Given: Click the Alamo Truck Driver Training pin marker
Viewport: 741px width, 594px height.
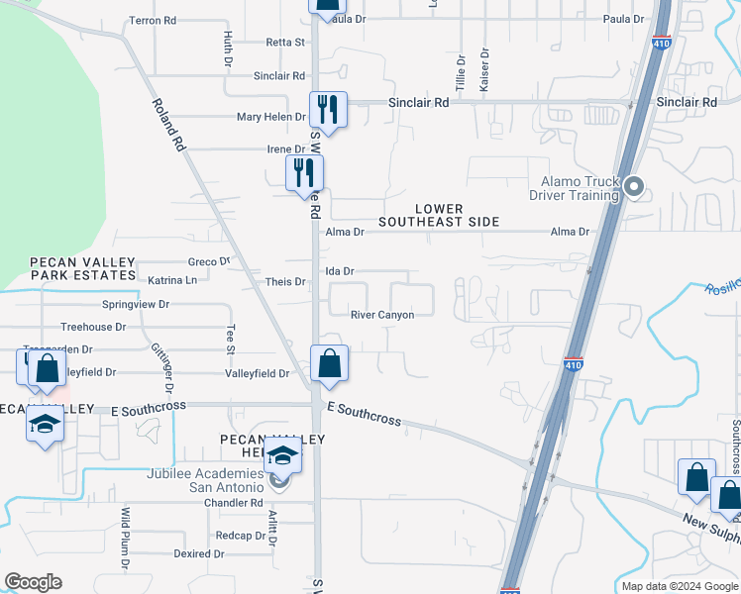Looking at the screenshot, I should pyautogui.click(x=636, y=185).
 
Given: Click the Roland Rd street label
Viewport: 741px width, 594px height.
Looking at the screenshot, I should pyautogui.click(x=169, y=124).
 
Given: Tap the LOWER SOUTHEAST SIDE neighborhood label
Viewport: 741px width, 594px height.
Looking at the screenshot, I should pyautogui.click(x=457, y=215).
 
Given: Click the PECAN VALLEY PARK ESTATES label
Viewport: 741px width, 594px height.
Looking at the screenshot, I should pyautogui.click(x=82, y=268).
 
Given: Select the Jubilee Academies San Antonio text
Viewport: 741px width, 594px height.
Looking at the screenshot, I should pyautogui.click(x=218, y=479).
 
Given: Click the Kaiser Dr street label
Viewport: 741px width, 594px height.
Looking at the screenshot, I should pyautogui.click(x=484, y=71).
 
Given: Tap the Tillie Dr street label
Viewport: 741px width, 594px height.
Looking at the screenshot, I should pyautogui.click(x=461, y=71).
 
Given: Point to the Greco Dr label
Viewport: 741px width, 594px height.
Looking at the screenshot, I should pyautogui.click(x=209, y=262).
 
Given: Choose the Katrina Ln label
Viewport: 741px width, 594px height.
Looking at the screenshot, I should pyautogui.click(x=172, y=280).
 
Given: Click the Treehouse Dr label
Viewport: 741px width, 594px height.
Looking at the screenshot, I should pyautogui.click(x=93, y=327).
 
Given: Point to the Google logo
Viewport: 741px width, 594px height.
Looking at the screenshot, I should pyautogui.click(x=33, y=582).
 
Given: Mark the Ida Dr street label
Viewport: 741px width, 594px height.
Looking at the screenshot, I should pyautogui.click(x=340, y=270).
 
